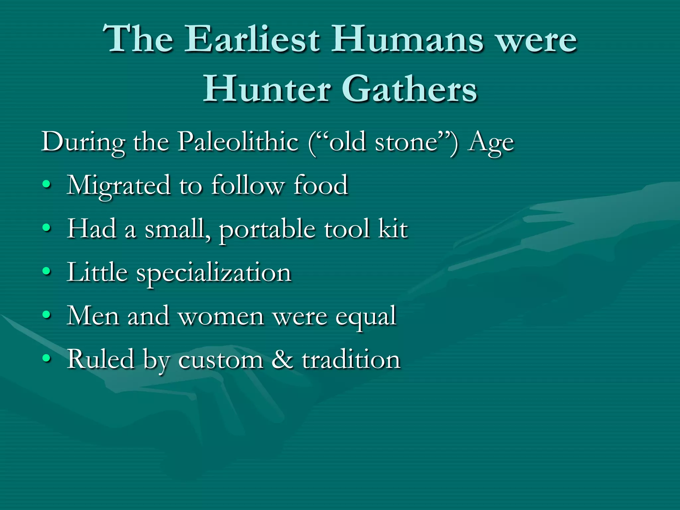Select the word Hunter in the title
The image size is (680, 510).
click(x=267, y=89)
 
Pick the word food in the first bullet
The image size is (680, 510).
click(x=321, y=185)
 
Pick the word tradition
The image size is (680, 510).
click(x=351, y=359)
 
